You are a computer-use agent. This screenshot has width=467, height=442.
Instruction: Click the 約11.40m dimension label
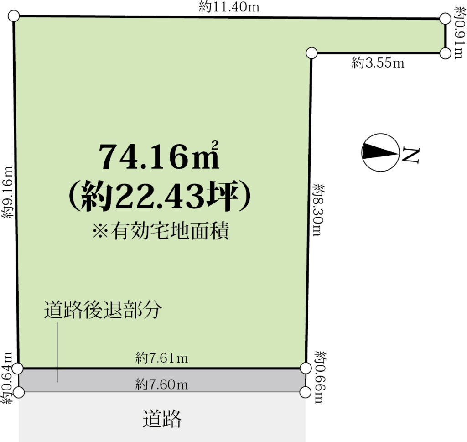[229, 7]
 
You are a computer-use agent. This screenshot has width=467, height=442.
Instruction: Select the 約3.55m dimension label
[378, 63]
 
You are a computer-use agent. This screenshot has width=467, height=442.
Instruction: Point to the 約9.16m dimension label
[8, 192]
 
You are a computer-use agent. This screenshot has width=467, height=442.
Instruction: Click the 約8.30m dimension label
[319, 210]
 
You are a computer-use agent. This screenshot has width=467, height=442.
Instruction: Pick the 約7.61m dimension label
[162, 358]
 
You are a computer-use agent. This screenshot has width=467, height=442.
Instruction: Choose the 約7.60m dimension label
[162, 385]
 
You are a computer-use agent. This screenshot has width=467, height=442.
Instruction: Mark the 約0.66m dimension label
[321, 377]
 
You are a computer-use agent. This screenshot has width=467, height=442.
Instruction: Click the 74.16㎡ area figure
[159, 156]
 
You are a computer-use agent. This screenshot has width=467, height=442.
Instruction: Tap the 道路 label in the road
[162, 418]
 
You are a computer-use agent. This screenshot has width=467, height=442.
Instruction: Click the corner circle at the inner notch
[311, 53]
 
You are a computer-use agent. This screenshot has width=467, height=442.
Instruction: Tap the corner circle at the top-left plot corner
[14, 16]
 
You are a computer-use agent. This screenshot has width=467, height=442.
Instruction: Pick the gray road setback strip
[162, 380]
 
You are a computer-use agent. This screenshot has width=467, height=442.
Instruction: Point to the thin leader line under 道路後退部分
[57, 352]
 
